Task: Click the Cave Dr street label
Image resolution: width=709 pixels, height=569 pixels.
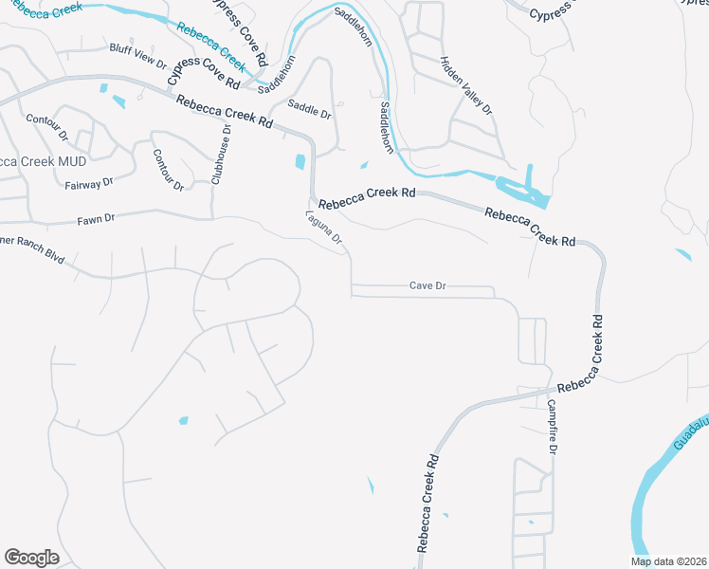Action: point(427,285)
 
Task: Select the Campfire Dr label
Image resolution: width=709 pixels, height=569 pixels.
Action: point(552,426)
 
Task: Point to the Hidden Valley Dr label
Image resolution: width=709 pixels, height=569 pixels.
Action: point(467,85)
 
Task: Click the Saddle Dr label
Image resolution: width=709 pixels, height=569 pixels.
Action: point(310,110)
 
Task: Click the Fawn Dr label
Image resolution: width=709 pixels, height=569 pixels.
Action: point(96,219)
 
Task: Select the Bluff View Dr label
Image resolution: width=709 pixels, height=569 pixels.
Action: point(137,59)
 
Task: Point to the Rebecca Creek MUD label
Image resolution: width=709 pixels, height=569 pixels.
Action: point(43,162)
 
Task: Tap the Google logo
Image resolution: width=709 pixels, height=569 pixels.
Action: point(31,558)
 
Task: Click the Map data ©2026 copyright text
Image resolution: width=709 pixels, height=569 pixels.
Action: point(667,561)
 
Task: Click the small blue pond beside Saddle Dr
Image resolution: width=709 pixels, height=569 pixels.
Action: point(300,161)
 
